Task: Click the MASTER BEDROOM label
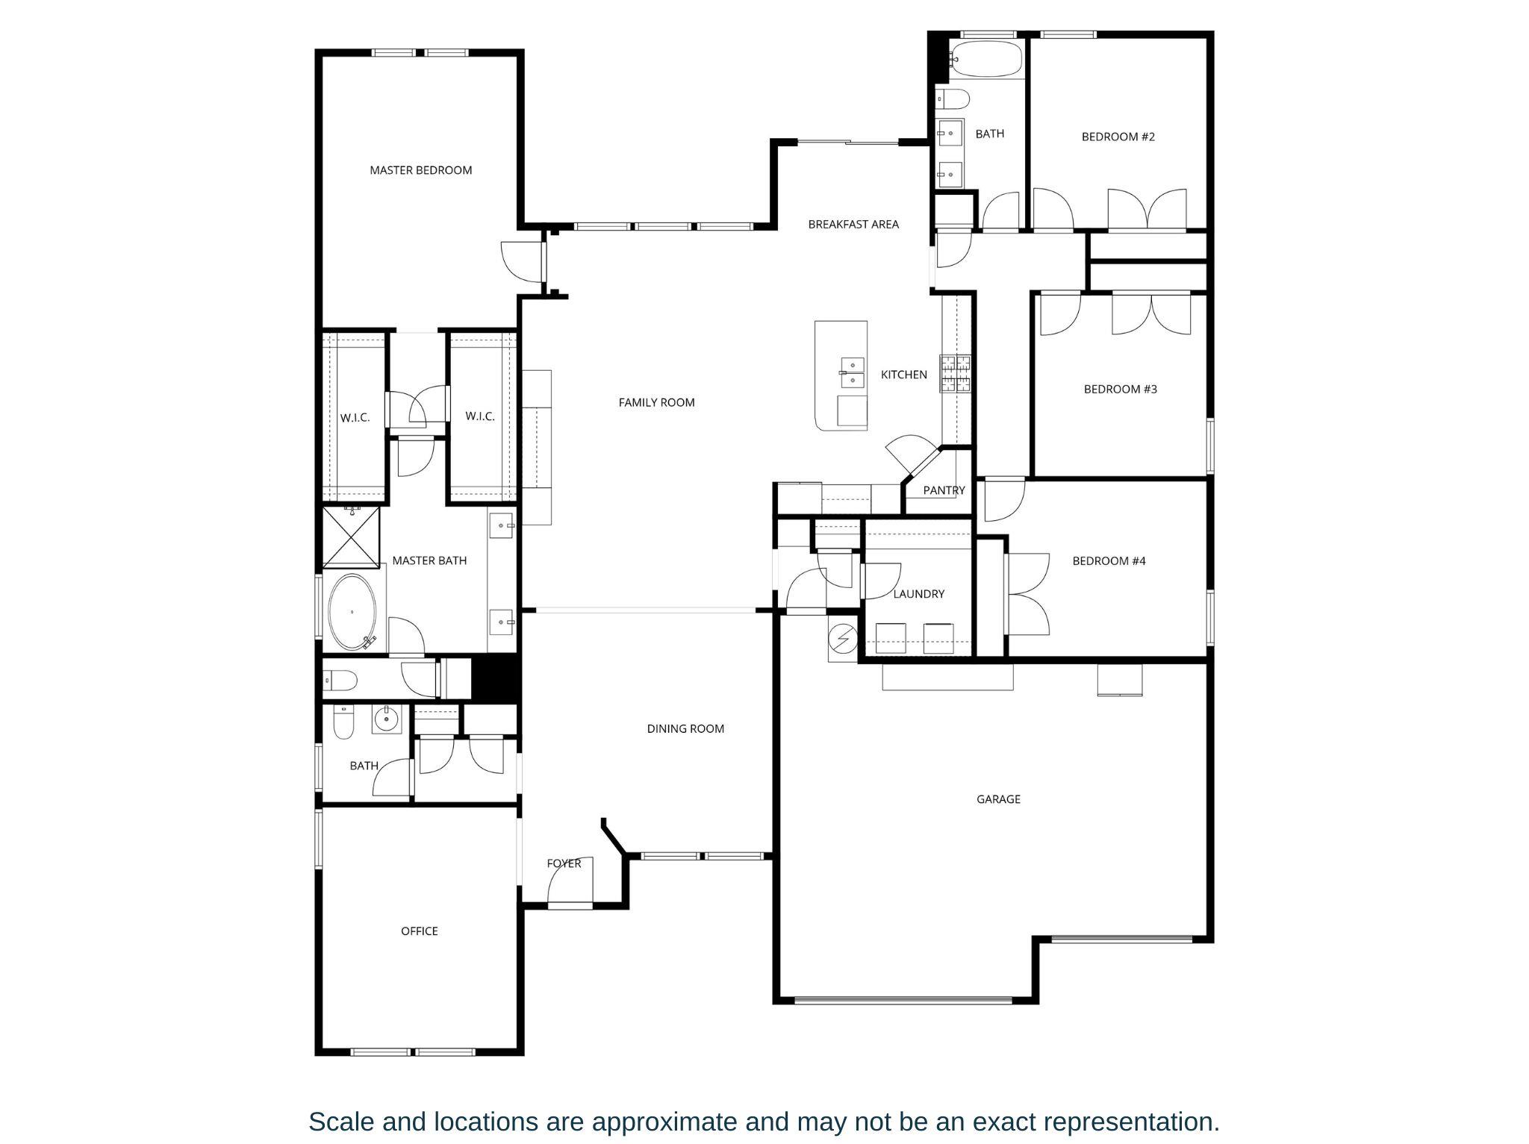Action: (420, 170)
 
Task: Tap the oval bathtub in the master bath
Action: (352, 612)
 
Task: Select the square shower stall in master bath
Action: (351, 537)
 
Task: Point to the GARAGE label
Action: (998, 799)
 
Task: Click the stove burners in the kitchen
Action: (956, 374)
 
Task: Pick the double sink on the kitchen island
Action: (852, 373)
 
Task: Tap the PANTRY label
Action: (944, 490)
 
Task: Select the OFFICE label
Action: (419, 931)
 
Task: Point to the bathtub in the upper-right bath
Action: (986, 59)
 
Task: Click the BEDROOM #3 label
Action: (1120, 389)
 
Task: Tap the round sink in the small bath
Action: (386, 720)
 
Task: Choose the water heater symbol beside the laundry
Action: (844, 640)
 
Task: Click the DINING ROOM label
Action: (685, 728)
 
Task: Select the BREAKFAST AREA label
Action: (853, 224)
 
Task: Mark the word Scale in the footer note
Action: (345, 1122)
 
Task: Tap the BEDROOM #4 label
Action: (1109, 560)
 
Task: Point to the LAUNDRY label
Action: (918, 594)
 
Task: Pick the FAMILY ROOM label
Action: (656, 402)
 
